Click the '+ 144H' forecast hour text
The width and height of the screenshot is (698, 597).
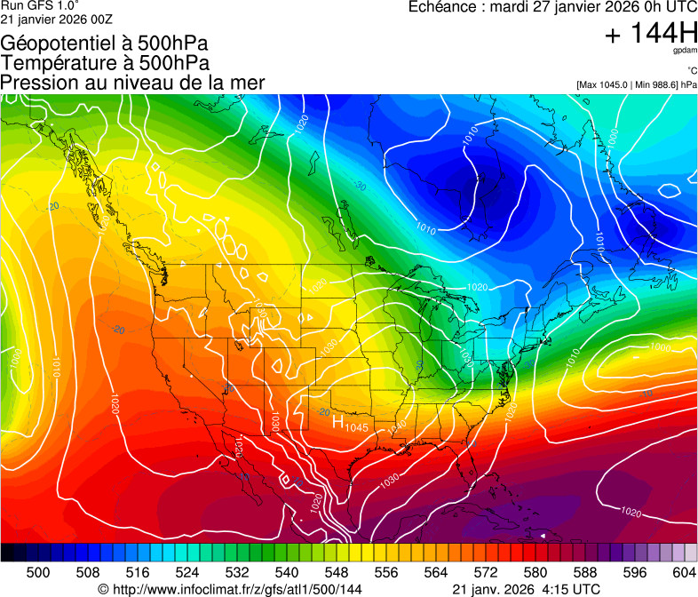(650, 34)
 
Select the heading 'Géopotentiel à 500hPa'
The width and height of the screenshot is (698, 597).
(106, 44)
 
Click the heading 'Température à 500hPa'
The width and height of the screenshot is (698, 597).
(105, 63)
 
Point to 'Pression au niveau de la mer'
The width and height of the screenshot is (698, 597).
(132, 83)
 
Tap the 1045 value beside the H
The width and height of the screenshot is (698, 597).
(356, 428)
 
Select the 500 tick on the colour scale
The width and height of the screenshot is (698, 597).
(38, 572)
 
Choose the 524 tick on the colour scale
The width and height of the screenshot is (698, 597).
(187, 572)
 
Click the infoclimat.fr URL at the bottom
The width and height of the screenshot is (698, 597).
(236, 589)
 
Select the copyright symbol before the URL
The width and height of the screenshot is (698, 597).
(103, 589)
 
